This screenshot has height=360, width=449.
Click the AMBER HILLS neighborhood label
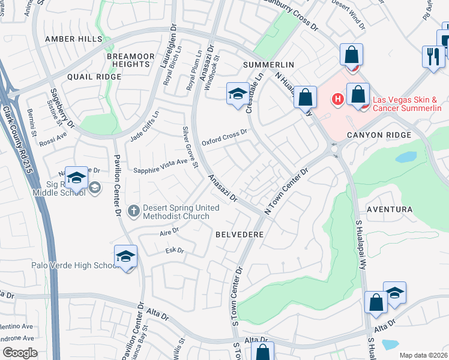pyautogui.click(x=74, y=38)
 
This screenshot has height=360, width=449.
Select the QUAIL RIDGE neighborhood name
pyautogui.click(x=94, y=77)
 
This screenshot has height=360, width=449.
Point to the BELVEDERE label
pyautogui.click(x=240, y=235)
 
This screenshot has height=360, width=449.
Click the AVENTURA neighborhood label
pyautogui.click(x=389, y=209)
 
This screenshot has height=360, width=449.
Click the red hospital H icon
pyautogui.click(x=338, y=99)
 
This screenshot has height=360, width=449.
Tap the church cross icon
pyautogui.click(x=133, y=211)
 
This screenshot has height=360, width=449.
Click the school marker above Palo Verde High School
pyautogui.click(x=126, y=256)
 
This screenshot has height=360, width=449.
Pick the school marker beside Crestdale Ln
pyautogui.click(x=238, y=94)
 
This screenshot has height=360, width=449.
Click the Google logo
pyautogui.click(x=20, y=352)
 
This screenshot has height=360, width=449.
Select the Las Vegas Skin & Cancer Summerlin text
pyautogui.click(x=407, y=104)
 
